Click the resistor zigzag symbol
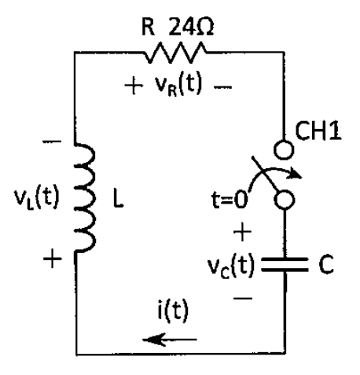[175, 53]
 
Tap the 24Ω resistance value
[191, 27]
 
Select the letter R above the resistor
[148, 27]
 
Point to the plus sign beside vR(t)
[134, 86]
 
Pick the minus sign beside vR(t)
[222, 86]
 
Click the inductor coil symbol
[85, 197]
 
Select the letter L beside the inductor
[118, 200]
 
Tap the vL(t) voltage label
[37, 197]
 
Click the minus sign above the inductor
[52, 142]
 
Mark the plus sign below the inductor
[53, 259]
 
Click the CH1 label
[318, 131]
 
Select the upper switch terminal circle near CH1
[284, 149]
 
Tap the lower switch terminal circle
[285, 200]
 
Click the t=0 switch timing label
[229, 200]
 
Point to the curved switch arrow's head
[296, 175]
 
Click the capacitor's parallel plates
[285, 264]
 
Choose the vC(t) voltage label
[231, 265]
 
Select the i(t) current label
[173, 310]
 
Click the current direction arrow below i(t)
[170, 340]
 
